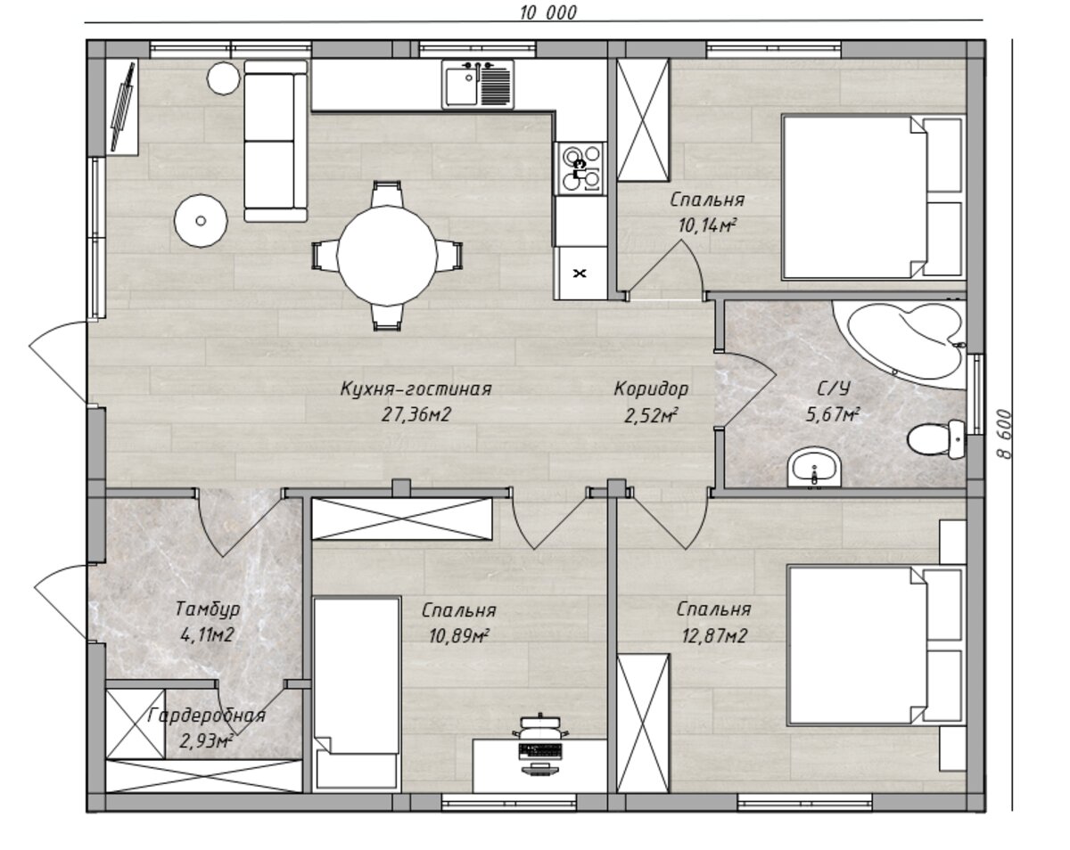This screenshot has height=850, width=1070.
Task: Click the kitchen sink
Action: click(478, 84)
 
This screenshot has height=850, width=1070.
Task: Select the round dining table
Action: click(386, 256)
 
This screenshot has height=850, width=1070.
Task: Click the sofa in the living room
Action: click(276, 141)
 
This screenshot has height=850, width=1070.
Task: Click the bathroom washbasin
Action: click(814, 469)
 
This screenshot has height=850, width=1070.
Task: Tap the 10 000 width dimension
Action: click(547, 12)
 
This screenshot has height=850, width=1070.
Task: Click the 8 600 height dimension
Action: click(1004, 434)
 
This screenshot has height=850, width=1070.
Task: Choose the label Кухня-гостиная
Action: click(416, 388)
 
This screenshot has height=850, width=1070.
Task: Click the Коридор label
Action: click(651, 388)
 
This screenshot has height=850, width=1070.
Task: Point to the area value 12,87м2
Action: click(713, 636)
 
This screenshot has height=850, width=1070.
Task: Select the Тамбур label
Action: click(208, 609)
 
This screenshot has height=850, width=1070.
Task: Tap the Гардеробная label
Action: click(206, 715)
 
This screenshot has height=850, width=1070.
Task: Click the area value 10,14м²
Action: click(707, 226)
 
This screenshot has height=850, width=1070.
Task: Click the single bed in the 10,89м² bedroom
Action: click(358, 694)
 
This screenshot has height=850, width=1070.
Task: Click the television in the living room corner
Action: click(123, 107)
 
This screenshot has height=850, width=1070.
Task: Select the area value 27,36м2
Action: click(416, 414)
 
